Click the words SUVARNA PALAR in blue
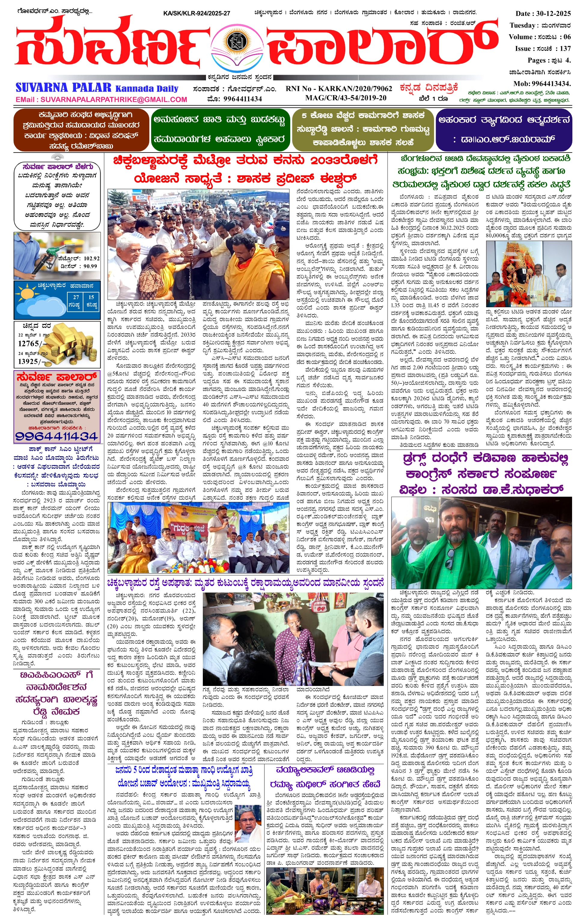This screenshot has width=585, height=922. pyautogui.click(x=64, y=88)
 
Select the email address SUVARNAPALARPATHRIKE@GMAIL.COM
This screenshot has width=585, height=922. pyautogui.click(x=101, y=99)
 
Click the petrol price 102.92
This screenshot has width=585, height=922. pyautogui.click(x=91, y=259)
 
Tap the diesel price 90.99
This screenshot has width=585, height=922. pyautogui.click(x=90, y=266)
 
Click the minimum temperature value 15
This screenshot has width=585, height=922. pyautogui.click(x=91, y=297)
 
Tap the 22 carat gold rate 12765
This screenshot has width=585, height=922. pyautogui.click(x=29, y=344)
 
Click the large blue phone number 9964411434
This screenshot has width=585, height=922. pyautogui.click(x=56, y=436)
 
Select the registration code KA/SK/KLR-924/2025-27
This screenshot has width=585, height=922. pyautogui.click(x=196, y=14)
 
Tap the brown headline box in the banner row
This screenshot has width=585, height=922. pyautogui.click(x=81, y=130)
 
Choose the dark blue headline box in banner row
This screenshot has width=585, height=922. pyautogui.click(x=503, y=129)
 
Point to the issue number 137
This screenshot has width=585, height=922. pyautogui.click(x=565, y=49)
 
